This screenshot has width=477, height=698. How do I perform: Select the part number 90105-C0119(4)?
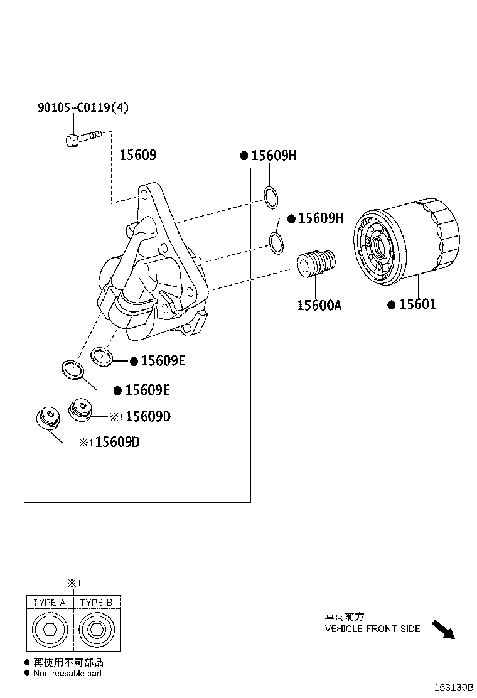83,108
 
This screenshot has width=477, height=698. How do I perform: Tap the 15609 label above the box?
137,155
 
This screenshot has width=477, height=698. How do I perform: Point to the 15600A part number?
319,305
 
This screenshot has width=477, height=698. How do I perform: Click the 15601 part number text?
417,304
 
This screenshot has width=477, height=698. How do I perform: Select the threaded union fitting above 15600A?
316,263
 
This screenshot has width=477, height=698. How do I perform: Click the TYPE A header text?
50,603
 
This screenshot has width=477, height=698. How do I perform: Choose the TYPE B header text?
97,603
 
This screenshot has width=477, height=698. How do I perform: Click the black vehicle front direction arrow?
443,628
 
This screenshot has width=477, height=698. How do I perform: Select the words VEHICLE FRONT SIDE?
372,628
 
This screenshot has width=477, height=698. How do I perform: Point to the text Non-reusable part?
67,673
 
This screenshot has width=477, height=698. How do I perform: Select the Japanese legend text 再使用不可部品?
68,662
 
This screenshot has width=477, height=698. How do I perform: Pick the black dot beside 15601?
391,305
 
